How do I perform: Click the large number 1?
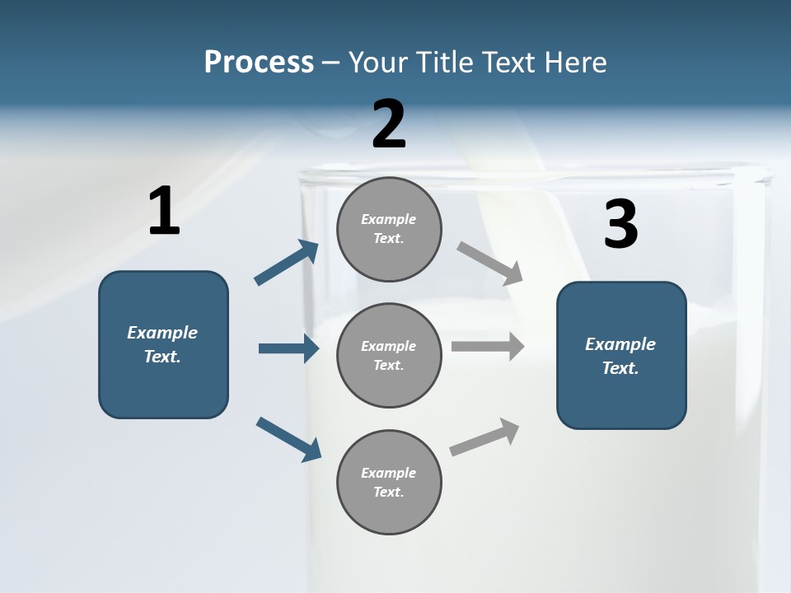(164, 212)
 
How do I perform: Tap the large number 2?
(389, 124)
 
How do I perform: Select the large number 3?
(620, 225)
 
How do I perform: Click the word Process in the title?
(259, 62)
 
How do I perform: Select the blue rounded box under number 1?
(163, 344)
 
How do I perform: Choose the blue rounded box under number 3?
(621, 356)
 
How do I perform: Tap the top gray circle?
(389, 229)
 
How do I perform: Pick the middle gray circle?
(389, 355)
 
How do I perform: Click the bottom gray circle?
(389, 482)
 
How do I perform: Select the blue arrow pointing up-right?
(287, 263)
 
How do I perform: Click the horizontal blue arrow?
(288, 348)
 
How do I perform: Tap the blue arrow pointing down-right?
(288, 438)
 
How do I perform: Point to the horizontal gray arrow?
(488, 346)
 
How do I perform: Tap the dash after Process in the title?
(331, 63)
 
